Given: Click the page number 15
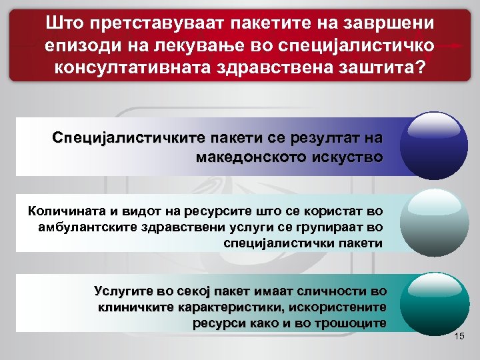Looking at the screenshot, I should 458,339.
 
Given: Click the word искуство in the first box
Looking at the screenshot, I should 350,158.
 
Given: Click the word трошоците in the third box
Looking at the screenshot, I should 347,323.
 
